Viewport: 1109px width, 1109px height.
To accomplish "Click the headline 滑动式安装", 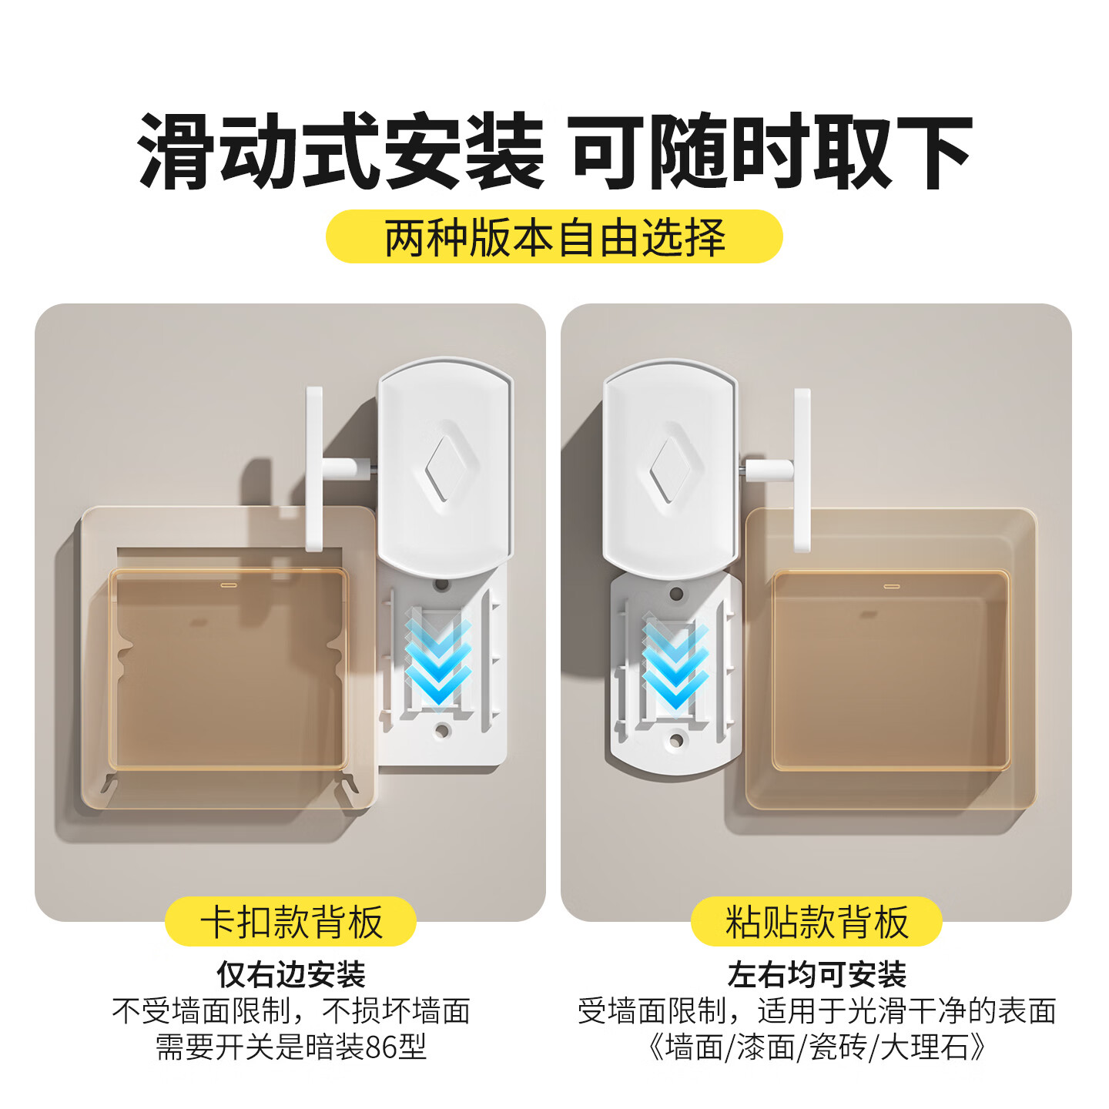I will click(x=341, y=152).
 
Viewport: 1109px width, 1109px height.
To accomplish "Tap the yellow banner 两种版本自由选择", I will click(x=554, y=237).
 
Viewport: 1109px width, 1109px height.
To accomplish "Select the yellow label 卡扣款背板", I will click(x=291, y=922).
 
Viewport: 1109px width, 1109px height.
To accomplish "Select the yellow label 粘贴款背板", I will click(x=816, y=922).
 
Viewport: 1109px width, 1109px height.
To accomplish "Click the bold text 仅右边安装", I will click(x=291, y=974).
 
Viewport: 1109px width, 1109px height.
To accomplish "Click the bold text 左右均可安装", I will click(x=816, y=974).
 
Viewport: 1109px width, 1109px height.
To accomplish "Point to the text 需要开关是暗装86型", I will click(x=291, y=1047).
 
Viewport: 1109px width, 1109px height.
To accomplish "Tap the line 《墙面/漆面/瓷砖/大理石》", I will click(x=816, y=1047).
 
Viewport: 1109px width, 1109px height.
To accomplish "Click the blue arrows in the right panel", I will click(x=675, y=665).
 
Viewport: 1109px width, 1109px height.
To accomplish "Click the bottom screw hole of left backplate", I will click(x=442, y=729).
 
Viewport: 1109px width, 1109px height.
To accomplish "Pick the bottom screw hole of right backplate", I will click(x=676, y=741).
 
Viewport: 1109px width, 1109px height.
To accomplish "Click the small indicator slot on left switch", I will click(x=229, y=585).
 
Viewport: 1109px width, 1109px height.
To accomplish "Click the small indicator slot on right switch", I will click(x=891, y=587).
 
